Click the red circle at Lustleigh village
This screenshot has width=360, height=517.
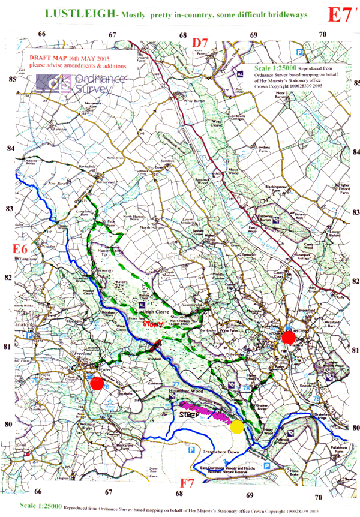pyautogui.click(x=289, y=338)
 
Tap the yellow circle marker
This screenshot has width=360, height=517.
pyautogui.click(x=237, y=426)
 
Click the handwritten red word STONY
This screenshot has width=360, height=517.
pyautogui.click(x=155, y=324)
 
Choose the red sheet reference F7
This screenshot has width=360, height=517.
pyautogui.click(x=187, y=482)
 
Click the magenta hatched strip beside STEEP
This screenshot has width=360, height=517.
pyautogui.click(x=211, y=413)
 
